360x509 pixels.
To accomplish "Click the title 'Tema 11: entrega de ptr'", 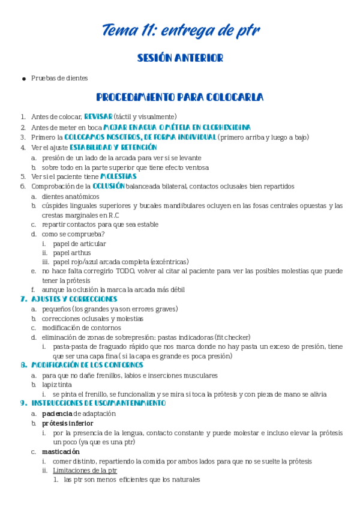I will tap(180, 29).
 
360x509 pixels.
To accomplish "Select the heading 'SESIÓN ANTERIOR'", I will tap(180, 58).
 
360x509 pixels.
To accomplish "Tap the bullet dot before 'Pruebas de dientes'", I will tap(23, 79).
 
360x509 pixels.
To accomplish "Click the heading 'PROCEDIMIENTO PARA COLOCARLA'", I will tap(180, 97).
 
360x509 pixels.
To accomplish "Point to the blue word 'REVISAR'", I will tap(98, 116).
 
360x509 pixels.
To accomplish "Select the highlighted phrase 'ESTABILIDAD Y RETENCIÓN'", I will tap(113, 147).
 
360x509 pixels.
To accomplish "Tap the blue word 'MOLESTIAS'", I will tap(118, 176).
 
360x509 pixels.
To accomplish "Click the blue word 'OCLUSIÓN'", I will tap(109, 186).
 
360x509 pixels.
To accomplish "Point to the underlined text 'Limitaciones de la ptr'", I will tap(85, 471).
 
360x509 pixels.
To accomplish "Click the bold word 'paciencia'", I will tap(57, 414).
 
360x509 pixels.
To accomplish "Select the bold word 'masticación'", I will tap(61, 451).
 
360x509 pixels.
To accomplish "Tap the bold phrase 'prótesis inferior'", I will tap(67, 423).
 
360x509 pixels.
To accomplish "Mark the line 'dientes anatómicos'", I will tap(71, 196).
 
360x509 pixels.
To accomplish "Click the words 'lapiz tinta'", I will tap(58, 384).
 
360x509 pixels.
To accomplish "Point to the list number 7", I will tap(23, 298).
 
